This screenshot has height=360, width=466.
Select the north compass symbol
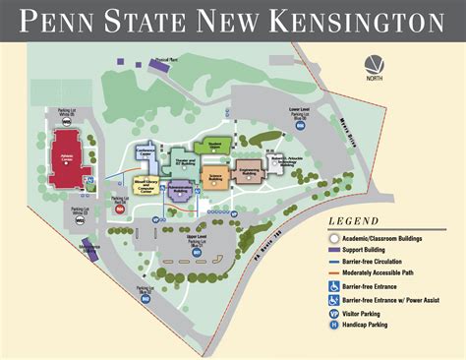point(373,66)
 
